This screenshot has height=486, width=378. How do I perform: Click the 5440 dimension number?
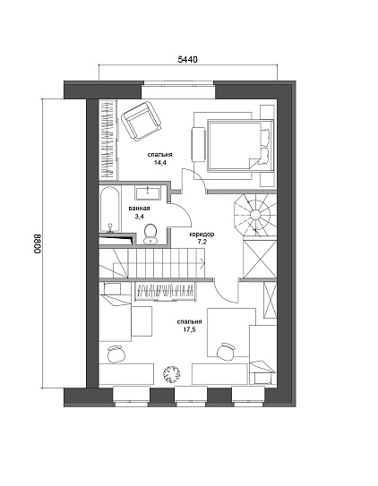tap(187, 59)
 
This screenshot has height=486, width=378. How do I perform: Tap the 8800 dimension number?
tap(38, 243)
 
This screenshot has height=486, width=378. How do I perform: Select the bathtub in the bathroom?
tap(109, 209)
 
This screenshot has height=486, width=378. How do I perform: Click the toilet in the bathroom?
tap(150, 234)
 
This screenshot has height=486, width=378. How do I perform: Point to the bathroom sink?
tap(147, 192)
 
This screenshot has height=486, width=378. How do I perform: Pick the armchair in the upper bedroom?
tap(142, 121)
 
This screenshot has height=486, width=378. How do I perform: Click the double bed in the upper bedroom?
tap(235, 146)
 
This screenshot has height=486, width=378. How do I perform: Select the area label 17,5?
tap(189, 329)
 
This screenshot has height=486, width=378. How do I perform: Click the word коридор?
tap(202, 234)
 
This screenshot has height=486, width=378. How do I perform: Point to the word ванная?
tap(140, 209)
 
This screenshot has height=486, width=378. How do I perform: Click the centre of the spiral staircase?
tap(256, 214)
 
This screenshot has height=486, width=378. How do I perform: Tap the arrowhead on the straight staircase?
tap(202, 263)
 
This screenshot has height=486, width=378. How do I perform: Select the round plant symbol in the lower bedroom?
tap(171, 374)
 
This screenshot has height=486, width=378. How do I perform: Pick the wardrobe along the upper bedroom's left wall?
tap(107, 140)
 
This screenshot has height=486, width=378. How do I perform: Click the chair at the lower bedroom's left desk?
tap(116, 354)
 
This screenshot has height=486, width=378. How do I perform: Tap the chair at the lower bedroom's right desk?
tap(226, 352)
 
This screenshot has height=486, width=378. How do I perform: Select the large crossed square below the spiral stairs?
tap(260, 260)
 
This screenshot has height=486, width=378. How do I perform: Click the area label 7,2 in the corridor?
tap(202, 242)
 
